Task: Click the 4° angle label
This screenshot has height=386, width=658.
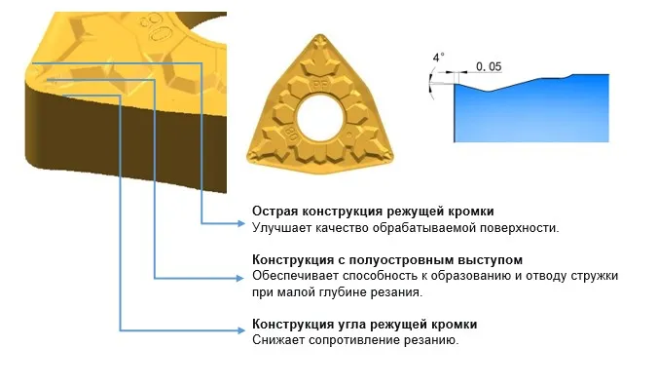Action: coord(439,58)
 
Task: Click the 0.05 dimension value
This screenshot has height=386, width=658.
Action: coord(489,66)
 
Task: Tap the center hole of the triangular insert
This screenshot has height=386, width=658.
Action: coord(320,117)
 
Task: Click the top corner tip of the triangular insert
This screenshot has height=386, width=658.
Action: coord(320,36)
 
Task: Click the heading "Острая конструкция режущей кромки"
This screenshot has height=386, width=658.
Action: coord(373,211)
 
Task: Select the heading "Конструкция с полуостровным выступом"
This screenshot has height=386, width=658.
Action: coord(387,259)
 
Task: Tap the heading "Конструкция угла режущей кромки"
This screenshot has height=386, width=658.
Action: coord(365,324)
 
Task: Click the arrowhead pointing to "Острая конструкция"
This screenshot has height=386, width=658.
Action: coord(240,223)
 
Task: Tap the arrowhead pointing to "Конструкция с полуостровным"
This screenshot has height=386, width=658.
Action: coord(240,278)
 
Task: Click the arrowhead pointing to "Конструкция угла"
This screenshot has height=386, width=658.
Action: coord(240,330)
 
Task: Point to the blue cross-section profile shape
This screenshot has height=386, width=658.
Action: coord(530,111)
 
